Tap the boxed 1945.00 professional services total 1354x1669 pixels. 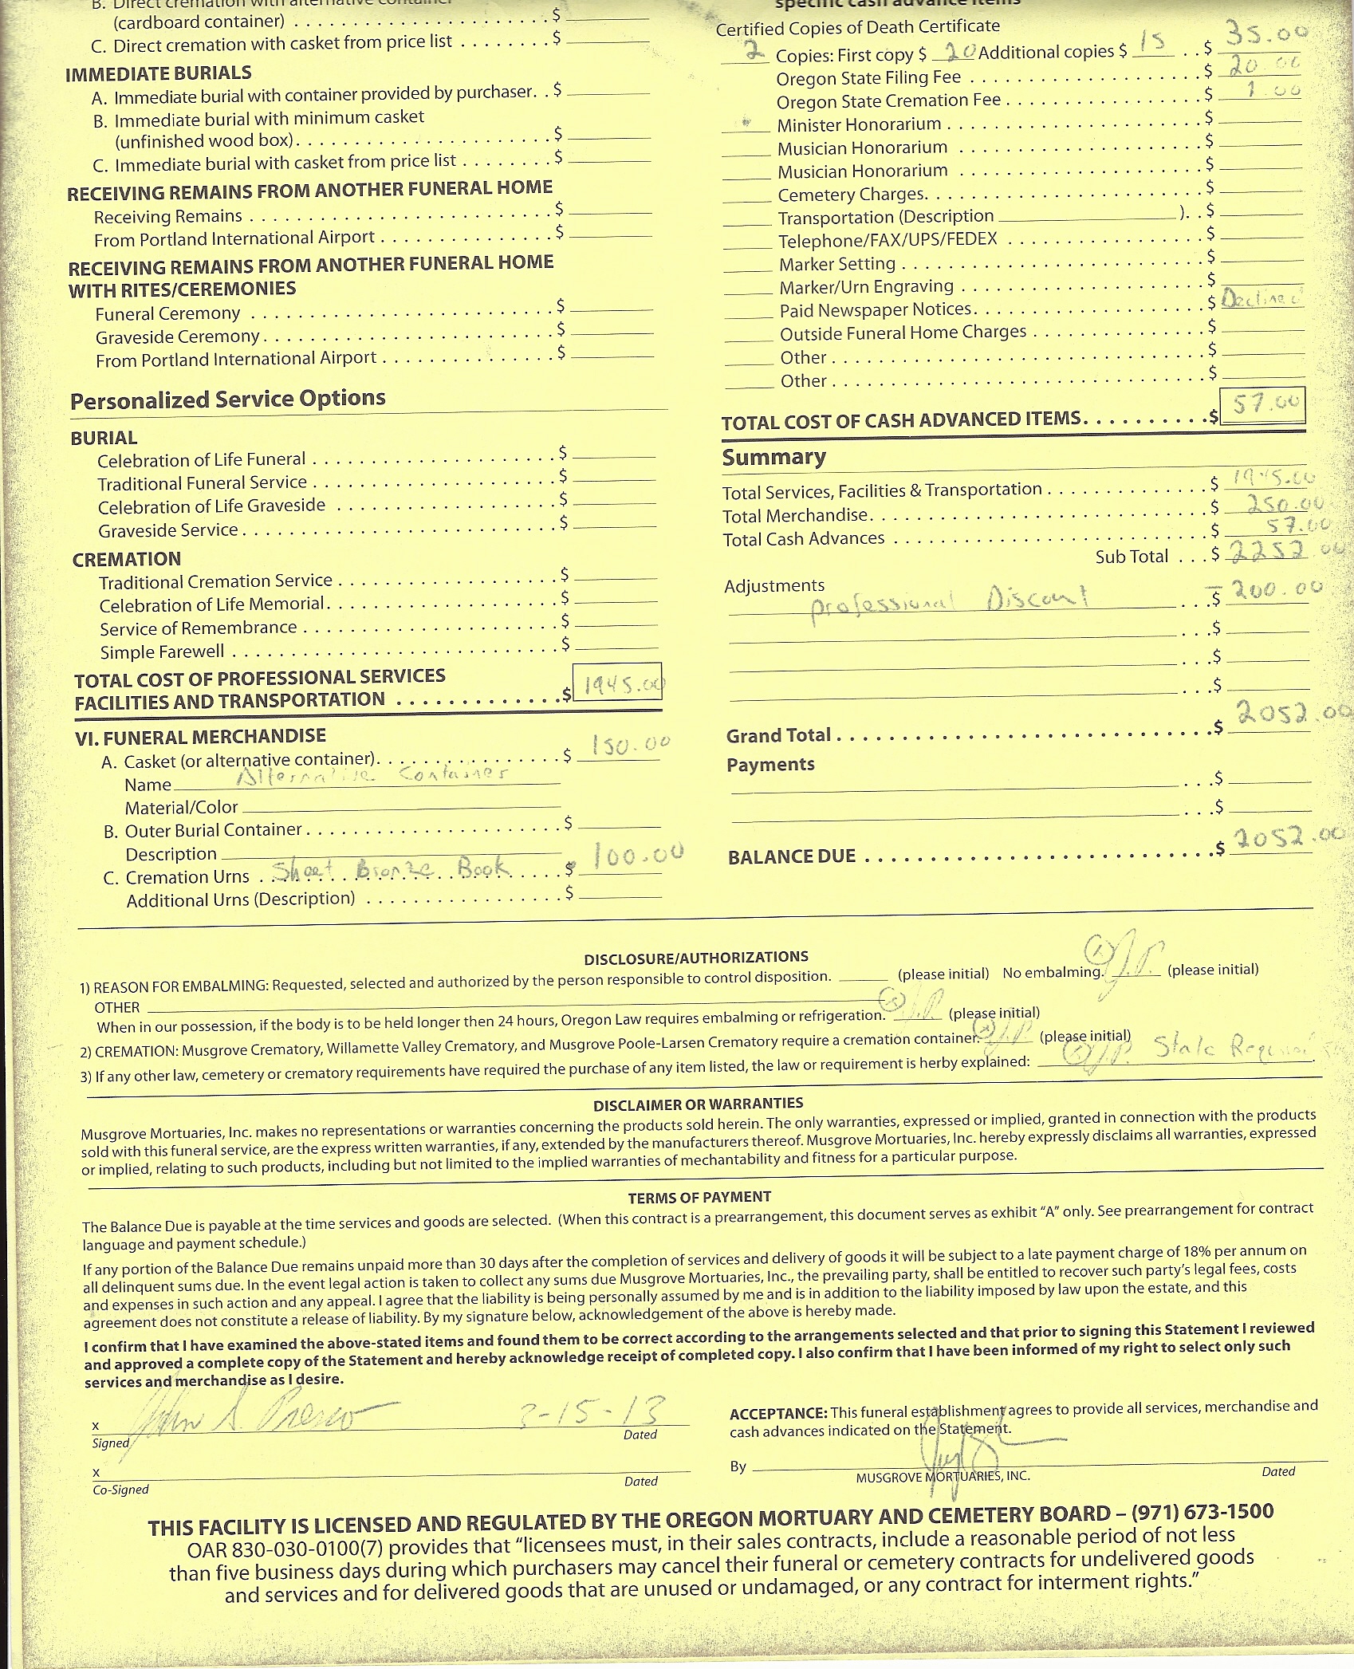619,684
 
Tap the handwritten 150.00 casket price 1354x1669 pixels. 630,746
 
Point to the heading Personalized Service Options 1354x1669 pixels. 227,399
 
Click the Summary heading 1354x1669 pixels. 773,457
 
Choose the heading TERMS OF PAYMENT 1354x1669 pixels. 699,1197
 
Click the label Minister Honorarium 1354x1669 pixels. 859,125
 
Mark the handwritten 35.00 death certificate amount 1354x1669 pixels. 1266,33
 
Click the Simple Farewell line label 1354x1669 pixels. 162,651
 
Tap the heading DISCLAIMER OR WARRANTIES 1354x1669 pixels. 698,1104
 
